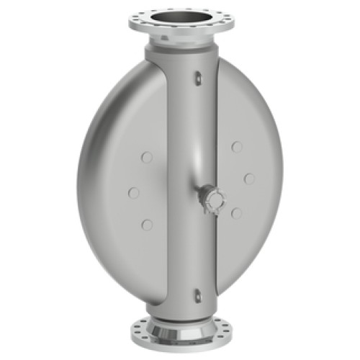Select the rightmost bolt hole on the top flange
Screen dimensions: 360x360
point(229,22)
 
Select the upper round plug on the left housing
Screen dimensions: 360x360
point(147,157)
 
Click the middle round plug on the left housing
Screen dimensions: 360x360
point(134,192)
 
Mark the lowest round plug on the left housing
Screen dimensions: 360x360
point(147,225)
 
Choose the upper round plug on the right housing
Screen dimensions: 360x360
point(237,148)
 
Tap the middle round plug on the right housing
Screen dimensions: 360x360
point(249,178)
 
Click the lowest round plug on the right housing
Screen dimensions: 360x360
point(236,213)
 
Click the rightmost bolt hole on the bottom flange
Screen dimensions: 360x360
point(227,333)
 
